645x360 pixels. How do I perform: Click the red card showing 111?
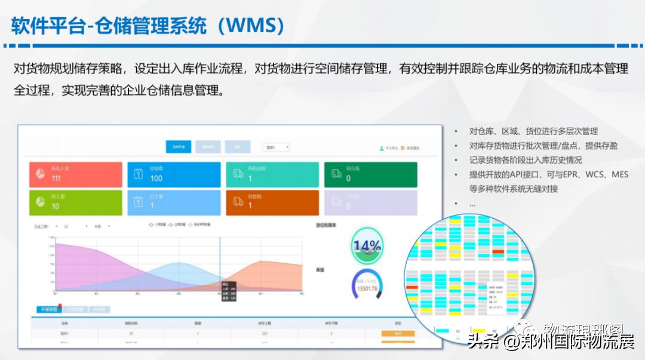click(75, 174)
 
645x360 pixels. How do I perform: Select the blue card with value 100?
click(174, 174)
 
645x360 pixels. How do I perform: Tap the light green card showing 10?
click(75, 202)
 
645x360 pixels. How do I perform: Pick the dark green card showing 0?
click(370, 174)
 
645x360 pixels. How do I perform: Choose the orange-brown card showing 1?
click(272, 202)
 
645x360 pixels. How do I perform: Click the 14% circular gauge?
click(367, 245)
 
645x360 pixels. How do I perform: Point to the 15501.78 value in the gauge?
click(366, 288)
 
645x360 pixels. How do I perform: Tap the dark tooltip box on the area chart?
click(229, 291)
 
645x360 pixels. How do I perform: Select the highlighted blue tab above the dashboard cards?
click(179, 147)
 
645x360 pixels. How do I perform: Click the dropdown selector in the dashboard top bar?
click(277, 147)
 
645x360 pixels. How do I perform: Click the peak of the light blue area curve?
click(179, 263)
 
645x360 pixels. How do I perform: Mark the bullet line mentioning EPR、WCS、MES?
click(540, 174)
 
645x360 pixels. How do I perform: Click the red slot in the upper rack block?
click(498, 251)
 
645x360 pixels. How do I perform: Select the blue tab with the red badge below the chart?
click(48, 309)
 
